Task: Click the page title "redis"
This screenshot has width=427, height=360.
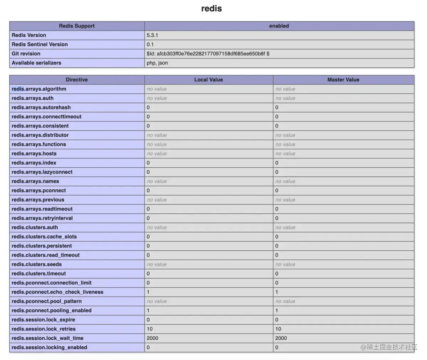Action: click(211, 9)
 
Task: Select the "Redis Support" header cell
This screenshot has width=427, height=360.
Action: click(77, 26)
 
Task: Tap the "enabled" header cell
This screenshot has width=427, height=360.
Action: click(279, 26)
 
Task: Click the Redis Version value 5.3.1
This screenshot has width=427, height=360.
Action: click(152, 35)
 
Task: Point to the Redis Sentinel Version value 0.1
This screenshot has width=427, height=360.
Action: click(150, 45)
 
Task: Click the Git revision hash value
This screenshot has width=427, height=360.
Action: click(208, 54)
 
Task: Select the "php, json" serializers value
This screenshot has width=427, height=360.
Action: click(157, 63)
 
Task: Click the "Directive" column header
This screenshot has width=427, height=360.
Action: click(77, 80)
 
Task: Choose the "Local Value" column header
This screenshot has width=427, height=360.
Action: click(209, 80)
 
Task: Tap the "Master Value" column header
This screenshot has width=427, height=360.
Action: click(343, 80)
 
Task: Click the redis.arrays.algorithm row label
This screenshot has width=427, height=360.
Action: click(39, 89)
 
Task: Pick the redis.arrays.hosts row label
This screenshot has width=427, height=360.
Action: click(34, 153)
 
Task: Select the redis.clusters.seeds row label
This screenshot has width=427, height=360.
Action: click(37, 264)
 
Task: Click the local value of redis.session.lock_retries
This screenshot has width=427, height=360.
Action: click(149, 329)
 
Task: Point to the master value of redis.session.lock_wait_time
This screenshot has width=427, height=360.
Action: click(281, 338)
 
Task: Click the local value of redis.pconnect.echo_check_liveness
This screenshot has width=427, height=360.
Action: click(148, 292)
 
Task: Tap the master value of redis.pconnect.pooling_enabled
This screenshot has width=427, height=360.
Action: click(277, 311)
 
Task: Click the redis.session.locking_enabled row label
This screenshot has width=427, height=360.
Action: click(49, 348)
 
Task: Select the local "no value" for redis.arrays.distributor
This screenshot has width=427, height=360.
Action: click(157, 135)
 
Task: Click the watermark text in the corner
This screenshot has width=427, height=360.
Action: click(389, 347)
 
